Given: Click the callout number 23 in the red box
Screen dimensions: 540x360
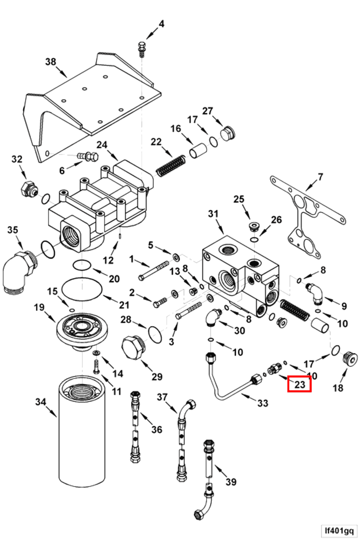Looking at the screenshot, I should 299,384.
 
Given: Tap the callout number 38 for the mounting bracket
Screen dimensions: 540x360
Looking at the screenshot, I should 51,62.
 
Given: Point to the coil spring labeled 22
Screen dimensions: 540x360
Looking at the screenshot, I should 171,165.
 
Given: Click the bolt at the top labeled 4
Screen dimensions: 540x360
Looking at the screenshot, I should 141,48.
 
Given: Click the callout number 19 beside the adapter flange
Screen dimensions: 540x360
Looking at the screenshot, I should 39,308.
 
